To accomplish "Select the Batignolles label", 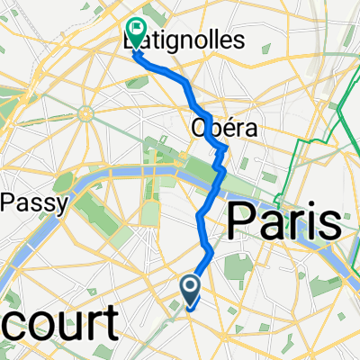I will click(x=171, y=41).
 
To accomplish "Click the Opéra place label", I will click(x=224, y=130).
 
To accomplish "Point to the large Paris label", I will click(x=285, y=220).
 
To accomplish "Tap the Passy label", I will click(x=34, y=204).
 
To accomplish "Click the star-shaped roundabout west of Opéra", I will click(x=86, y=113).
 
